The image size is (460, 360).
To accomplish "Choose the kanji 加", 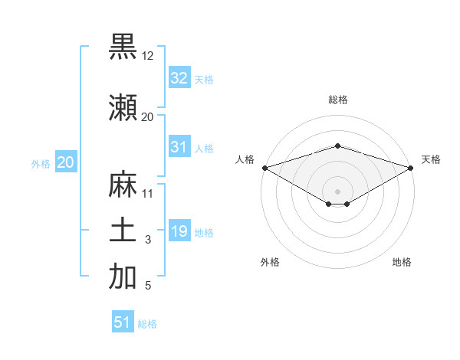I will [123, 277].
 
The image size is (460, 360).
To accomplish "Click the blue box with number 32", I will [179, 78].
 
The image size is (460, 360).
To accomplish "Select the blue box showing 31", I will [179, 147].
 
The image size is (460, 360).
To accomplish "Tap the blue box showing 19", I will [179, 231].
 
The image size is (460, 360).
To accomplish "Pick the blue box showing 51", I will [123, 322].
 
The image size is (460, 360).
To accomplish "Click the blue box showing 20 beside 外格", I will [65, 162].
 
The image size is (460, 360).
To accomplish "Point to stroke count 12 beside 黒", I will [148, 56].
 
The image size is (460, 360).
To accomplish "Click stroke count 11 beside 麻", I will [148, 194].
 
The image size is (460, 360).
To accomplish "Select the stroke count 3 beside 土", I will [148, 241].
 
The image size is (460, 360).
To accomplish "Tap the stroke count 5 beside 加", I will [148, 286].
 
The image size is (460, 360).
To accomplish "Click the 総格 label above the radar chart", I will [337, 100].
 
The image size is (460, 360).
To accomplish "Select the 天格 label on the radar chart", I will [431, 159].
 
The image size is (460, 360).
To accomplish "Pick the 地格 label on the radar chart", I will [402, 262].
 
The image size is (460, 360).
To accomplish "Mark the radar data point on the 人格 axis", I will [264, 168].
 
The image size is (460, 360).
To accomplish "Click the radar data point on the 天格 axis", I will [411, 168].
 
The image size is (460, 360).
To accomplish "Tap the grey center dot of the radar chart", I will [337, 191].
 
